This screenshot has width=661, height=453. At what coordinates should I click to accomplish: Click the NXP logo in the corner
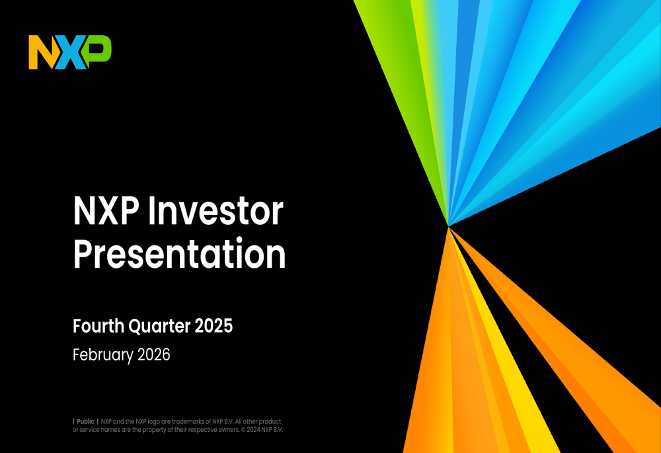70,52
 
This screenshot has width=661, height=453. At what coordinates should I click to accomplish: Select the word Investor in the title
215,211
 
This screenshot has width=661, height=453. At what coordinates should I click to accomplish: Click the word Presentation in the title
180,253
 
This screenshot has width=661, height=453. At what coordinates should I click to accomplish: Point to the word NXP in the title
106,211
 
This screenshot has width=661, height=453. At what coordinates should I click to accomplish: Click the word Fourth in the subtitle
98,326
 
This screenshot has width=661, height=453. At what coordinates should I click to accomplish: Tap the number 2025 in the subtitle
214,326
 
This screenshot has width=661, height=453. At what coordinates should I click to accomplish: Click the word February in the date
103,354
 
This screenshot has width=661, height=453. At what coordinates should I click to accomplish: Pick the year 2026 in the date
154,354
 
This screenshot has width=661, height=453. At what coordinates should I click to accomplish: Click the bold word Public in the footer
85,421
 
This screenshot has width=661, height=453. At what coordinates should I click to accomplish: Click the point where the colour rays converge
449,226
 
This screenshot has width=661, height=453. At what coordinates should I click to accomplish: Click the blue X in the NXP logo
70,52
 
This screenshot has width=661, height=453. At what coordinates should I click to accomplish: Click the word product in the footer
270,422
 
